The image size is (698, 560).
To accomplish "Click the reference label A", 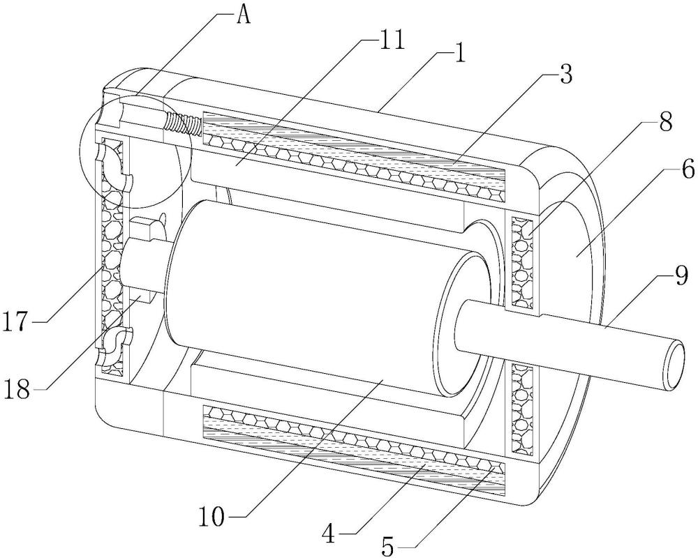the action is point(243,16).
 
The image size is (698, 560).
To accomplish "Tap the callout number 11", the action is point(389,40).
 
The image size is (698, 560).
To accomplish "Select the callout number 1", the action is point(459,54).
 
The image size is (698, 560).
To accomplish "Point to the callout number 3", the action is point(565,75).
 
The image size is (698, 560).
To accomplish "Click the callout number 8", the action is point(665,122).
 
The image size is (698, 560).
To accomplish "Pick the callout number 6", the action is point(688,169).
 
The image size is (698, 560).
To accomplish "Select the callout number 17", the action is point(17,321).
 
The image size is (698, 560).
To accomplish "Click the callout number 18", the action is point(17,390).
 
